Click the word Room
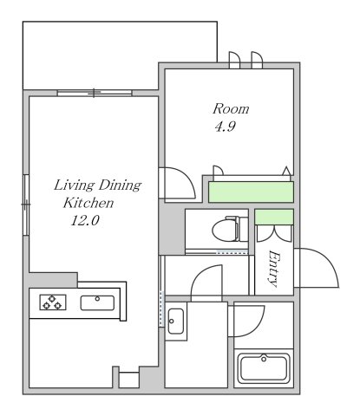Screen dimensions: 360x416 click(231, 109)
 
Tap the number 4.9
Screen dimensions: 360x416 click(226, 127)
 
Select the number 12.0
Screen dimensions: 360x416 click(85, 221)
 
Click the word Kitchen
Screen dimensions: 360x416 click(88, 203)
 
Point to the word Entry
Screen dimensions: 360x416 click(273, 269)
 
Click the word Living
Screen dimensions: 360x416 click(74, 185)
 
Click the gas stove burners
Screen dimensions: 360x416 click(53, 302)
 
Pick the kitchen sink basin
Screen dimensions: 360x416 click(97, 303)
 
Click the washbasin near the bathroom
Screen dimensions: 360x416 click(175, 321)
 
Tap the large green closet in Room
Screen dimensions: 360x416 click(251, 192)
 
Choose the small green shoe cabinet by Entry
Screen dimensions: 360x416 click(274, 217)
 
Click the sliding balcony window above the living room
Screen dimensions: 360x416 click(95, 93)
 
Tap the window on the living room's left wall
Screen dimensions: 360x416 click(26, 205)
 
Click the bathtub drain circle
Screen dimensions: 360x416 click(264, 359)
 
